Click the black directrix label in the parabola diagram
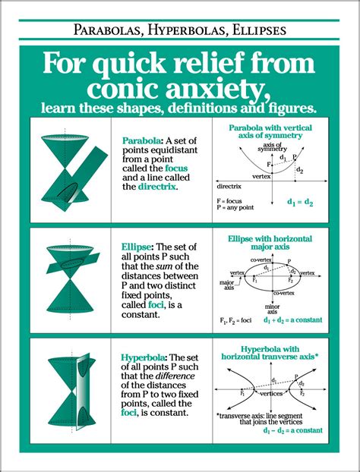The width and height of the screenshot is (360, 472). point(230,184)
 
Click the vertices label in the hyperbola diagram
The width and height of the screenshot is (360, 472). point(267,395)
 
